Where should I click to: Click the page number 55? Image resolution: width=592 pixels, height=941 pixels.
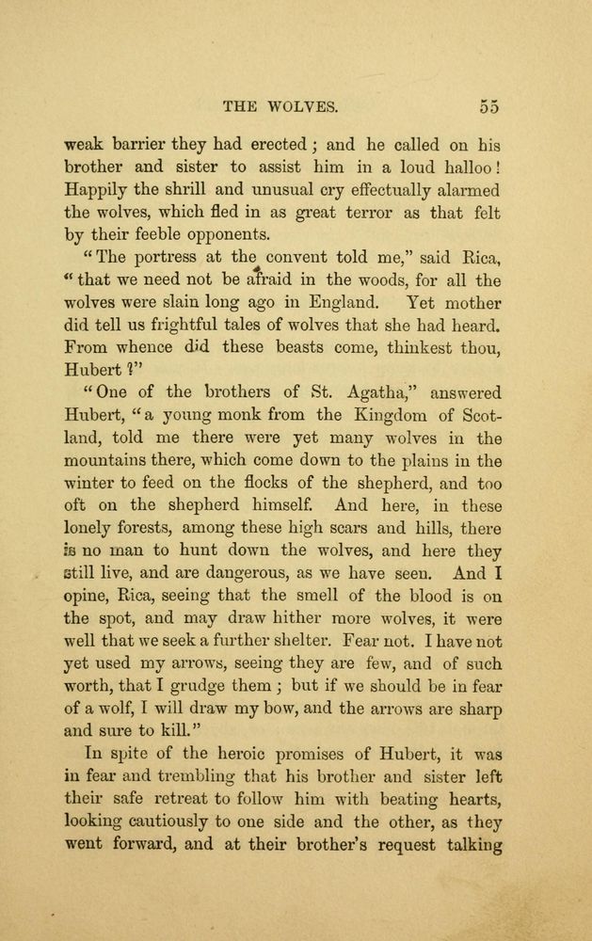pos(488,105)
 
